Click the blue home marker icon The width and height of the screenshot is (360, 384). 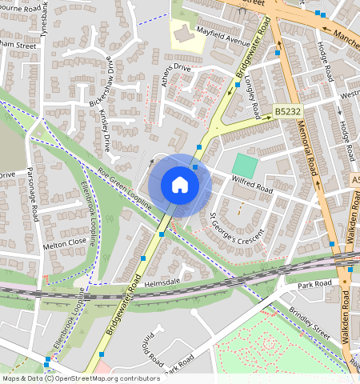click(180, 185)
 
